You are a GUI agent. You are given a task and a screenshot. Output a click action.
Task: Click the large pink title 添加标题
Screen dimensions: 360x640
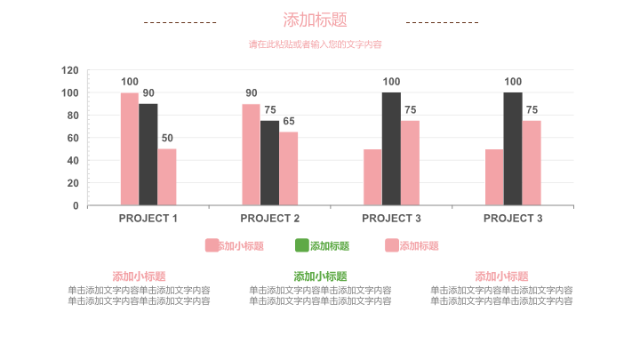[x=315, y=20]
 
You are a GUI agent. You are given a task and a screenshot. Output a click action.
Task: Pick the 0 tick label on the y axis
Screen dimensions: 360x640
[x=76, y=206]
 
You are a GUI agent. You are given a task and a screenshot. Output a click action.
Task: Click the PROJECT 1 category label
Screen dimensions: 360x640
[x=148, y=219]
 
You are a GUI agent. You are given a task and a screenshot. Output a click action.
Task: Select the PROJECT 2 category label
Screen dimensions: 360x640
[x=270, y=219]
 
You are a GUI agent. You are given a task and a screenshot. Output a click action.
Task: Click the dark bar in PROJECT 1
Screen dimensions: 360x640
[x=148, y=155]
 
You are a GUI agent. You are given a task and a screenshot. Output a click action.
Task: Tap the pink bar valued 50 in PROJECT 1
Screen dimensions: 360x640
[x=167, y=177]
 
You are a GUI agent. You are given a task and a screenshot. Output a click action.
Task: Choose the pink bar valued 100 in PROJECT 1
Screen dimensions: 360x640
[x=130, y=149]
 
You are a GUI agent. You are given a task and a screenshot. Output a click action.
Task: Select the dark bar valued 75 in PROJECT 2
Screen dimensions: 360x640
[x=269, y=163]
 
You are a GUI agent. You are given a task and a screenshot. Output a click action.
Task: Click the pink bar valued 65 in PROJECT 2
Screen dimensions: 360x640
[x=288, y=169]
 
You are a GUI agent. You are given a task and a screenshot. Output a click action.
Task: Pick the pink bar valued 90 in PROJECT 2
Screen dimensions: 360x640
[x=251, y=155]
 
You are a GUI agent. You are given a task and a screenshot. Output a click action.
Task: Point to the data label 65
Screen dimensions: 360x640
[x=289, y=122]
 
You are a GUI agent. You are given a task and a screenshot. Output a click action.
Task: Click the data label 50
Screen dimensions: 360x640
[x=167, y=139]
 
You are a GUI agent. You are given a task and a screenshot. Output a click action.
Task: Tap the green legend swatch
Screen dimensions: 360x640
[x=301, y=245]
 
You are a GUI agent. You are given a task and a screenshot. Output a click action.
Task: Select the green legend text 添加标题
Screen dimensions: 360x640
[x=330, y=246]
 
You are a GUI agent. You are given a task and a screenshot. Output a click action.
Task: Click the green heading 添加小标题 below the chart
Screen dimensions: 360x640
[x=320, y=276]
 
